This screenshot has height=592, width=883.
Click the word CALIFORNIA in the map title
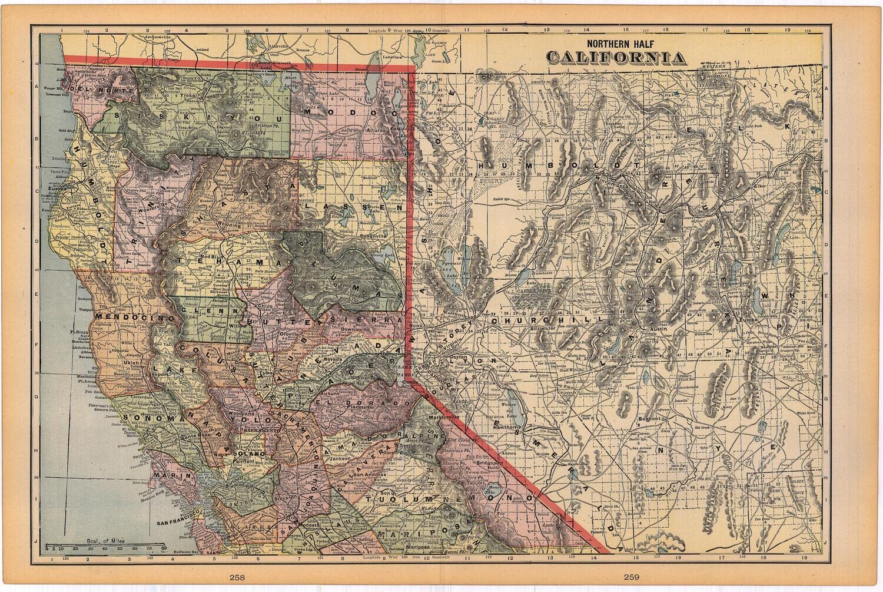click(616, 58)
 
